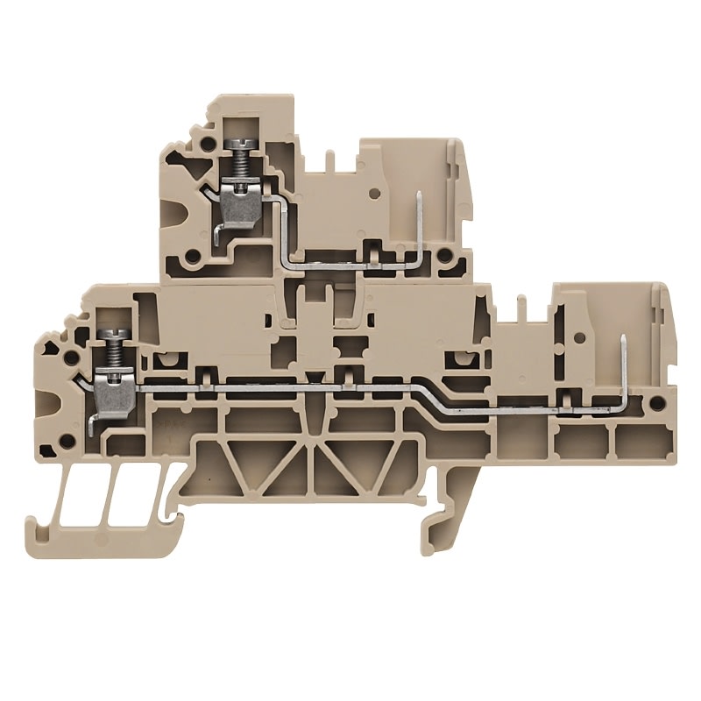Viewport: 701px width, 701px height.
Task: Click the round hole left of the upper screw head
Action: pos(207,143)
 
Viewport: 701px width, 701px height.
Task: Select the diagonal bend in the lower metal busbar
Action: pos(421,392)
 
